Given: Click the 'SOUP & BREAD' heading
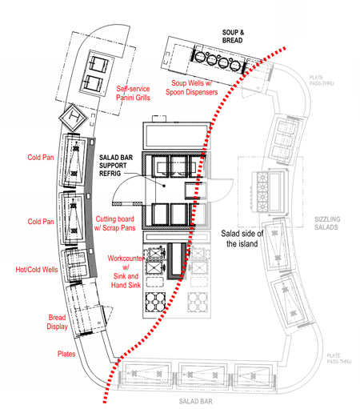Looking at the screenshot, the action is point(233,37).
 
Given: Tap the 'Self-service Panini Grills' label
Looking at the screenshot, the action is point(133,93).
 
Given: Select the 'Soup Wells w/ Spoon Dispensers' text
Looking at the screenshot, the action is point(191,87).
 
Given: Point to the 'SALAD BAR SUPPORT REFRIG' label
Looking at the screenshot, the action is point(116,166).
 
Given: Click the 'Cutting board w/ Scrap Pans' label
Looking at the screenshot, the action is point(114,223).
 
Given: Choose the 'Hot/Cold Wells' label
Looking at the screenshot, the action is point(37,270).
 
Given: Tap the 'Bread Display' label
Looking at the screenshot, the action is point(57,322).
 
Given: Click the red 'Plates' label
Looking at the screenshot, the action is point(66,354).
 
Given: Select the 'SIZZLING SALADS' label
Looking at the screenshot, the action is point(327,223).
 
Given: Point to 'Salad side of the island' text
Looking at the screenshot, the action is point(242,239).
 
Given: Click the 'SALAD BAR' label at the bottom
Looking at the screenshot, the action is point(196,401).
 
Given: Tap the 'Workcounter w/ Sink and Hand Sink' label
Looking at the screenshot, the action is point(126,271).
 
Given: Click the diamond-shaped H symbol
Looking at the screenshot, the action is point(73,118).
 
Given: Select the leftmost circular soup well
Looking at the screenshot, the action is point(199,56).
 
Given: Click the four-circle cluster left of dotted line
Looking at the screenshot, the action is point(155,302).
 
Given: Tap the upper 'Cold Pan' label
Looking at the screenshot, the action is point(41,157).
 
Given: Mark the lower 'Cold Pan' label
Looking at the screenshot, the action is point(41,222).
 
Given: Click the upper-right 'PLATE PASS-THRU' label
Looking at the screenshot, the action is point(322,80).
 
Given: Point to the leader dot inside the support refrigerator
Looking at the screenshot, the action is point(164,186).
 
